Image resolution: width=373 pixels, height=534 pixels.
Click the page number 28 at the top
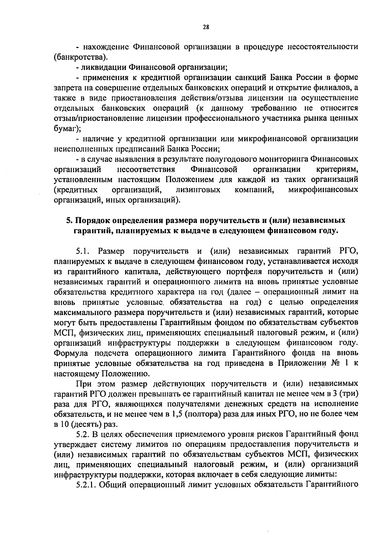tap(206, 27)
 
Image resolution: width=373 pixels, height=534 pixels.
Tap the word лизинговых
tap(198, 190)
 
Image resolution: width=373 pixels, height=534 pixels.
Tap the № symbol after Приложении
tap(336, 363)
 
